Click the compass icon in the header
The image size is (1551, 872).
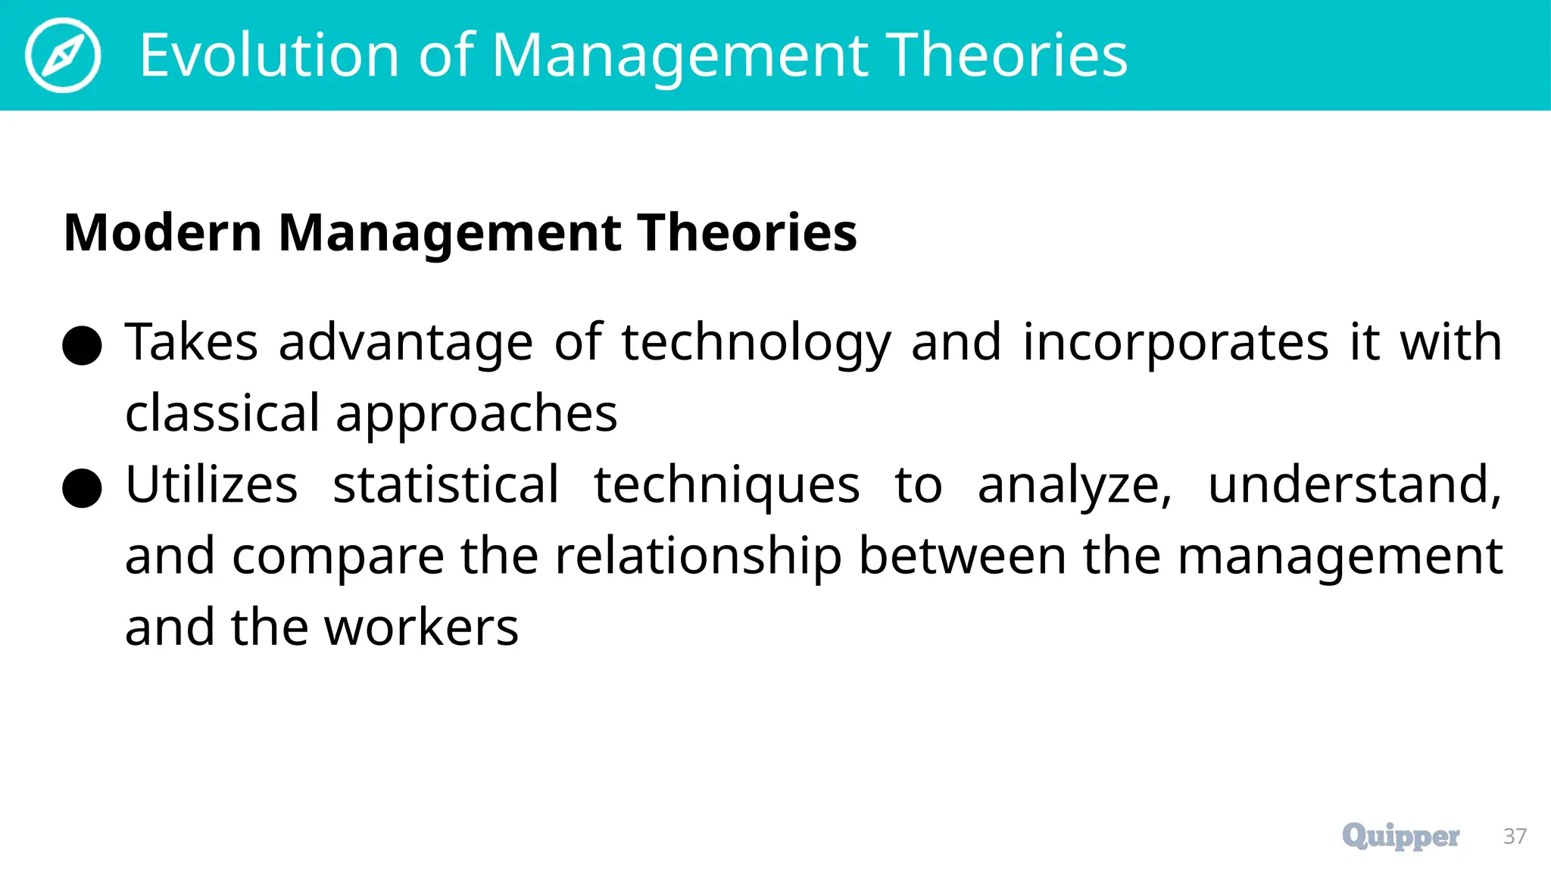[x=63, y=55]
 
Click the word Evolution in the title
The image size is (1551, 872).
[x=269, y=55]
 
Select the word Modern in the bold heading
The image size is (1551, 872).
[x=163, y=232]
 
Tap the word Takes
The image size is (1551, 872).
[x=192, y=342]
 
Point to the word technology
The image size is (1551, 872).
[x=757, y=344]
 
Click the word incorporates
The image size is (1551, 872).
[x=1175, y=342]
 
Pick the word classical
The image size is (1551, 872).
[x=223, y=413]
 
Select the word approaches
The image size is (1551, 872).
[x=476, y=415]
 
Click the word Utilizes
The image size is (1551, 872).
[x=211, y=484]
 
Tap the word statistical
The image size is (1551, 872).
[x=446, y=484]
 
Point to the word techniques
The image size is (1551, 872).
[x=726, y=486]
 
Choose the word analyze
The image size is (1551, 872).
[x=1074, y=486]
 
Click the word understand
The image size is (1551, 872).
[x=1354, y=486]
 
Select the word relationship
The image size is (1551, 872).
[x=698, y=557]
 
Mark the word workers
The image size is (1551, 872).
[x=421, y=628]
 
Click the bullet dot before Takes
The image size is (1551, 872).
[x=83, y=346]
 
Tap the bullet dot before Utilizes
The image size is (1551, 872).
[x=83, y=488]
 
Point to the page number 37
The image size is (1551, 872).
[x=1515, y=836]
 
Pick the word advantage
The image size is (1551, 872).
[x=406, y=344]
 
